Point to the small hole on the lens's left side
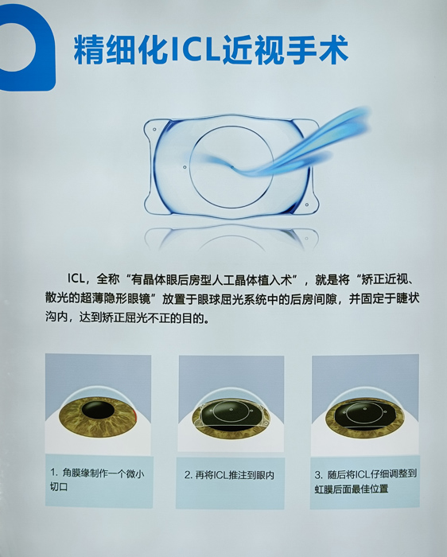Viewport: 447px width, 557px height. coord(185,167)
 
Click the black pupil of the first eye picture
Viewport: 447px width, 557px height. coord(98,411)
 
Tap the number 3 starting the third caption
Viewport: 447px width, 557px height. coord(318,473)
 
